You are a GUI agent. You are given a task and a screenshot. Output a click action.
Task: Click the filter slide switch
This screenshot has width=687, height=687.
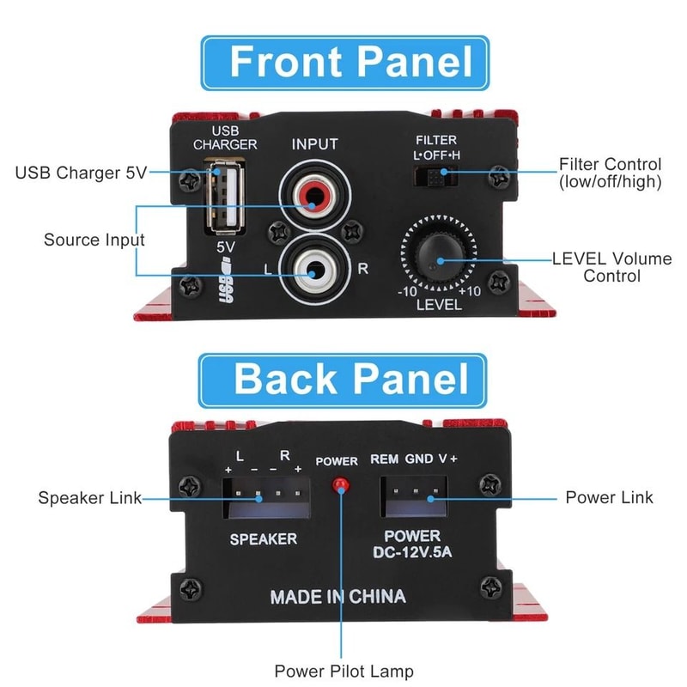pyautogui.click(x=435, y=177)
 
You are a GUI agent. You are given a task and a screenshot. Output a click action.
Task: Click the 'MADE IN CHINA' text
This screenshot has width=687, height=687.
pyautogui.click(x=337, y=596)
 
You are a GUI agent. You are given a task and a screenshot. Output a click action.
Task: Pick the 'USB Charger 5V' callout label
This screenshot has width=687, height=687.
pyautogui.click(x=82, y=173)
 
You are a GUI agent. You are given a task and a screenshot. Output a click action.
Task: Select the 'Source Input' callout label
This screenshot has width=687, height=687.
pyautogui.click(x=94, y=240)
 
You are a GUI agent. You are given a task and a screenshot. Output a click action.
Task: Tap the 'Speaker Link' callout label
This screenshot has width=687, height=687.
pyautogui.click(x=90, y=498)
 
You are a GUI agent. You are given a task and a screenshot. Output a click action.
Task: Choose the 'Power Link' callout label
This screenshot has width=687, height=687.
pyautogui.click(x=609, y=498)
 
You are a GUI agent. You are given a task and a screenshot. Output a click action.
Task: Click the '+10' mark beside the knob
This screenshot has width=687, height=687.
pyautogui.click(x=470, y=291)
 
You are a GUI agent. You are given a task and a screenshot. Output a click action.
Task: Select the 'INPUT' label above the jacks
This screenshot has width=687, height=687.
pyautogui.click(x=315, y=143)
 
